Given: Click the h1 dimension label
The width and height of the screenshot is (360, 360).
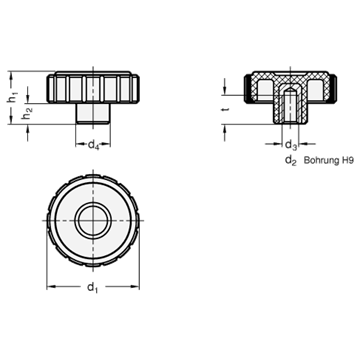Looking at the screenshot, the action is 13,98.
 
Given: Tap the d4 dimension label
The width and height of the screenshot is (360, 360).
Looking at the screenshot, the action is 94,146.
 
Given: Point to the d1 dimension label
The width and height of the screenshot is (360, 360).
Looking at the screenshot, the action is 93,287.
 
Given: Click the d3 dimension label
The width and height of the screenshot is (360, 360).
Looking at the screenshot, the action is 291,145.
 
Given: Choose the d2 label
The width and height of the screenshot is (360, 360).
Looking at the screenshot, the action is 291,161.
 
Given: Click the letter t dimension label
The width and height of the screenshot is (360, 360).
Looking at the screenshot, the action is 226,110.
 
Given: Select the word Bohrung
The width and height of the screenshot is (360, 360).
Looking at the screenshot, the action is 320,161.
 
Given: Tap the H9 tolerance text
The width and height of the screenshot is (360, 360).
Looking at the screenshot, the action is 346,160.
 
